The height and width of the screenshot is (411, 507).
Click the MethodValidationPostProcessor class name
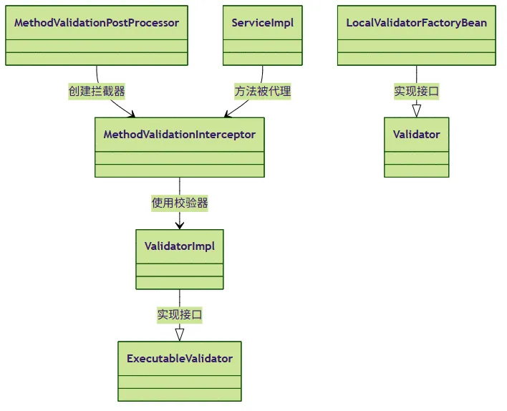(x=97, y=23)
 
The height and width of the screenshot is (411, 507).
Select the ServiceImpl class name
(x=263, y=23)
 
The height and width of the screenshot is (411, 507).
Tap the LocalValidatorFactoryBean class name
(x=417, y=23)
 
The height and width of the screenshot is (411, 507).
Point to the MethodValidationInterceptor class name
(x=180, y=135)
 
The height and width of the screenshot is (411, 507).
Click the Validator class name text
(x=417, y=135)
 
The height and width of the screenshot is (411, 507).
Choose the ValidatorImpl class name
(x=180, y=246)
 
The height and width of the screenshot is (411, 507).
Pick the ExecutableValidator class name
(x=180, y=358)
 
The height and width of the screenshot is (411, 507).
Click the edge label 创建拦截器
(x=97, y=91)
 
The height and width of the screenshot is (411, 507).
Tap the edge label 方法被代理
(x=263, y=91)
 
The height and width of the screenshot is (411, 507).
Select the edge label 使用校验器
(x=180, y=203)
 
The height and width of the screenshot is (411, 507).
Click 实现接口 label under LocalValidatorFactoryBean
(x=417, y=91)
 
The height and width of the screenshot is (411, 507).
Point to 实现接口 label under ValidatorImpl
(x=180, y=314)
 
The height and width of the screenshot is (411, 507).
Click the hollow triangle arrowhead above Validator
(x=417, y=111)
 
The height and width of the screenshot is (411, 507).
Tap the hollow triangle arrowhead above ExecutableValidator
(x=180, y=334)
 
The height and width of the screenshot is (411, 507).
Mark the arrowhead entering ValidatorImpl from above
(x=180, y=226)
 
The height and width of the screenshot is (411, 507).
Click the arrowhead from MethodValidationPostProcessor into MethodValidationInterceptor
(x=131, y=114)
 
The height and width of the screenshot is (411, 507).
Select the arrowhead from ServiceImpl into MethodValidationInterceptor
(x=228, y=114)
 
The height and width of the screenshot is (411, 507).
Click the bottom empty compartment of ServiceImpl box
(x=263, y=59)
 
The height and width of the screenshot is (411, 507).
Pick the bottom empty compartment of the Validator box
(x=417, y=170)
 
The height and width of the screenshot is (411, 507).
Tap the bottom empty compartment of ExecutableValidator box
(x=180, y=395)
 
